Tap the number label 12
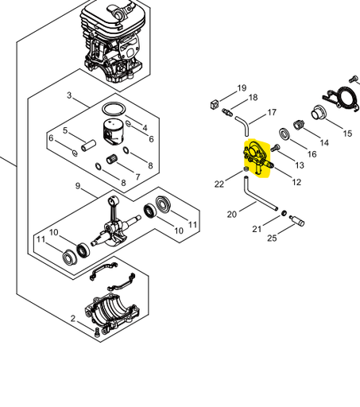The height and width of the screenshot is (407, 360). tap(296, 182)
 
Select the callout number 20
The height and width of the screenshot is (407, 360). tap(231, 215)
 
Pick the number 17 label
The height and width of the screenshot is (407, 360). tap(272, 112)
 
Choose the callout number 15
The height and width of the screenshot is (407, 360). tap(346, 134)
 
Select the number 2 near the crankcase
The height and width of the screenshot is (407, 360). tap(73, 320)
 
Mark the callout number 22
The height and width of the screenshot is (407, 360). tap(219, 184)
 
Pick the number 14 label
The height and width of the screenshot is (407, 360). tap(323, 143)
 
